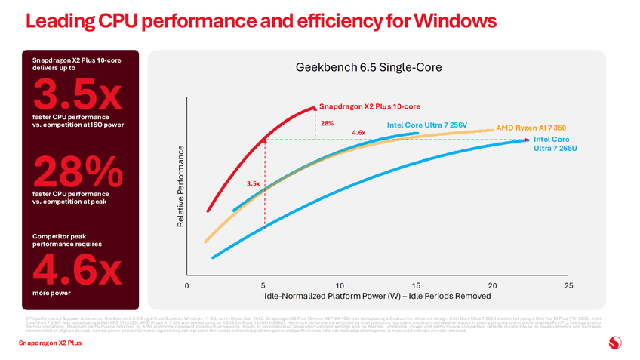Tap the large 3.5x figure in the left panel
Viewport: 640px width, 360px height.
(x=76, y=95)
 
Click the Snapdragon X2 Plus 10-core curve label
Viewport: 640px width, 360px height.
(x=369, y=106)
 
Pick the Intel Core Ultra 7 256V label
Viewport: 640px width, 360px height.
(x=427, y=125)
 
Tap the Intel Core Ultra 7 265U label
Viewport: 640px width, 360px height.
(x=551, y=143)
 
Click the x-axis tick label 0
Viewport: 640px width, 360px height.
(x=186, y=286)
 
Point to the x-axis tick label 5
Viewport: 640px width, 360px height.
(x=263, y=286)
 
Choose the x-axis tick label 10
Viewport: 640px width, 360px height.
(x=340, y=286)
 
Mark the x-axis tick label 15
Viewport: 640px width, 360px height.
(x=416, y=286)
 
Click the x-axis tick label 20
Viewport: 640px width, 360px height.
(x=492, y=286)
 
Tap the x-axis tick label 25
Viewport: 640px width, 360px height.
(x=568, y=286)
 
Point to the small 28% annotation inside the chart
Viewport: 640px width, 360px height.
(x=327, y=123)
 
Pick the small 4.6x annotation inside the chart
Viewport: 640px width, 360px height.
(x=358, y=133)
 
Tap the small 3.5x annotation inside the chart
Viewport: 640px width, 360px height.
(x=254, y=183)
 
